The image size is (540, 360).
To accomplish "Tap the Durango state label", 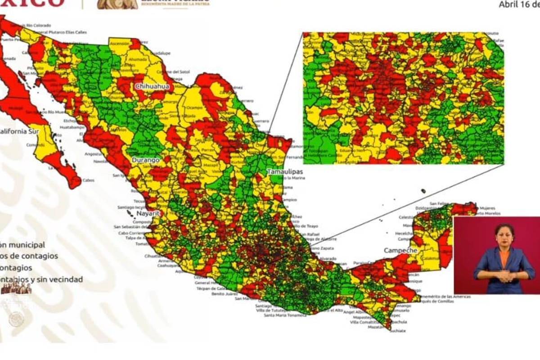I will pyautogui.click(x=145, y=160).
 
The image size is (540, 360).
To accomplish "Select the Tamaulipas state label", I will pyautogui.click(x=284, y=172).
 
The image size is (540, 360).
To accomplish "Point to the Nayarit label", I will pyautogui.click(x=148, y=214).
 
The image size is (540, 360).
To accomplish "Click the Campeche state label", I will pyautogui.click(x=400, y=250).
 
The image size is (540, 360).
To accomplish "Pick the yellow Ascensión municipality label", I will pyautogui.click(x=120, y=44).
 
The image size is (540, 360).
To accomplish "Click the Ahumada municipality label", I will pyautogui.click(x=138, y=59).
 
